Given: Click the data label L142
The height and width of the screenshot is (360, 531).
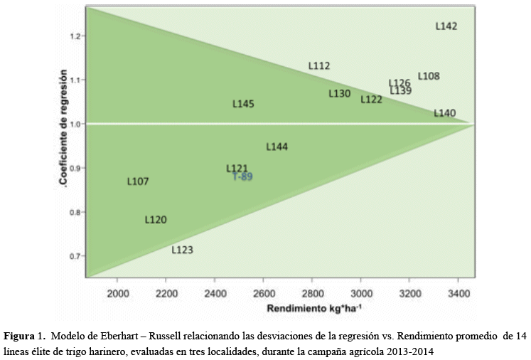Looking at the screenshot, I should pyautogui.click(x=446, y=26).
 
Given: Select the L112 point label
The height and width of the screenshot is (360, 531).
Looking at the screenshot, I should pyautogui.click(x=319, y=66).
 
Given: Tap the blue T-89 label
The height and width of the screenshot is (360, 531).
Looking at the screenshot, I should pyautogui.click(x=242, y=176).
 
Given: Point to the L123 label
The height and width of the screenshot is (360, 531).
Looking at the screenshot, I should pyautogui.click(x=182, y=250).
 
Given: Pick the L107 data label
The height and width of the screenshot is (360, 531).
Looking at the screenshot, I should pyautogui.click(x=138, y=181).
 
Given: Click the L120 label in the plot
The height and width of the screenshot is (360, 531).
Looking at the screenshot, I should pyautogui.click(x=156, y=220).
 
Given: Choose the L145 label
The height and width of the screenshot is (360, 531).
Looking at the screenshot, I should pyautogui.click(x=243, y=104).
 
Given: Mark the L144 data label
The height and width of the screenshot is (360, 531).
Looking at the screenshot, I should pyautogui.click(x=277, y=147).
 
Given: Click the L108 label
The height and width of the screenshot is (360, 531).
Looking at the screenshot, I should pyautogui.click(x=429, y=76).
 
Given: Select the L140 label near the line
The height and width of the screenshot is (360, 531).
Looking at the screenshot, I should pyautogui.click(x=445, y=113).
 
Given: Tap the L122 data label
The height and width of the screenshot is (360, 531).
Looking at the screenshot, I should pyautogui.click(x=371, y=100).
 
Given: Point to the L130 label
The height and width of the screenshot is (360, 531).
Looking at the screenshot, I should pyautogui.click(x=340, y=93).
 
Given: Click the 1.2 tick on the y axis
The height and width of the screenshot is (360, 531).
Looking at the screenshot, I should pyautogui.click(x=76, y=36).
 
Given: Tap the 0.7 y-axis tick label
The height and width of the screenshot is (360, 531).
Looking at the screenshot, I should pyautogui.click(x=76, y=256).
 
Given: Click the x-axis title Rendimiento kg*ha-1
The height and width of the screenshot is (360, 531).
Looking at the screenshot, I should pyautogui.click(x=313, y=309).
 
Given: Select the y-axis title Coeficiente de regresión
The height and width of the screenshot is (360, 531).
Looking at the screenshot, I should pyautogui.click(x=64, y=128).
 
